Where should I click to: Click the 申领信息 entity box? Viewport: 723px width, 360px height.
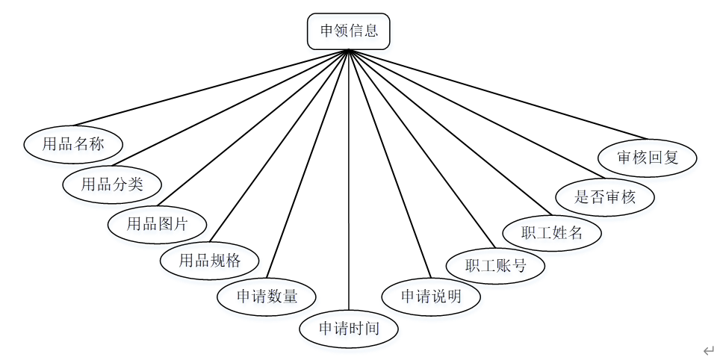point(349,31)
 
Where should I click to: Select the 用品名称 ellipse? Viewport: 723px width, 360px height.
point(73,144)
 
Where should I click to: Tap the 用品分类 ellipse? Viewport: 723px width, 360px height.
point(111,184)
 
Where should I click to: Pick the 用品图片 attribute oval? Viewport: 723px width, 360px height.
point(157,223)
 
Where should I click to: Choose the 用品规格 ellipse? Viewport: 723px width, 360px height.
point(210,261)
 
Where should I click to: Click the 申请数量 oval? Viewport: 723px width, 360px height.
point(267,296)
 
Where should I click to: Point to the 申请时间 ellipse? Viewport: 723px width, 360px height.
point(349,328)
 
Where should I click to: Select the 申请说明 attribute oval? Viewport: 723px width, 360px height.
point(431,296)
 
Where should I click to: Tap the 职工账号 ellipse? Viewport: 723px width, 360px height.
point(495,265)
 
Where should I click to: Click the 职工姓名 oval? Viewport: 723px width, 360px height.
point(552,232)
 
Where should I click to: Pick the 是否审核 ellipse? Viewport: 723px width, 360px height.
point(605,197)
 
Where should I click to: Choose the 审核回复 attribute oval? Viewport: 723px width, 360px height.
point(648,158)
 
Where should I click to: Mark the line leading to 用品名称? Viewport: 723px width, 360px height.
point(209,87)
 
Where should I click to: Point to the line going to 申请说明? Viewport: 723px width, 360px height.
point(390,164)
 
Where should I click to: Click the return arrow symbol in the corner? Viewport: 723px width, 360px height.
point(708,350)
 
